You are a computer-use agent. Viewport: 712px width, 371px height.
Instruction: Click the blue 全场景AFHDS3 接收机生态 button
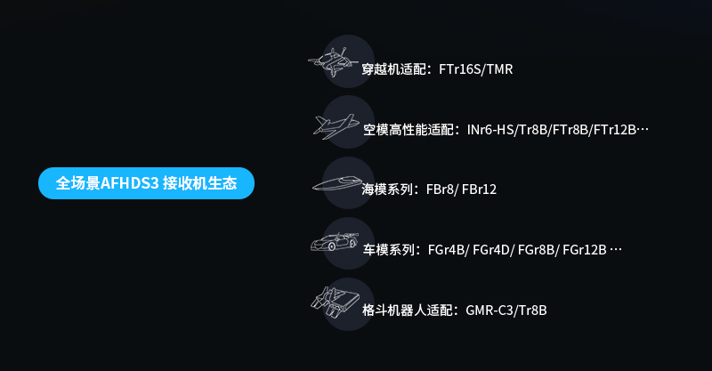point(147,183)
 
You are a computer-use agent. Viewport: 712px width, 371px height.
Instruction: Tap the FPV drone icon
point(334,61)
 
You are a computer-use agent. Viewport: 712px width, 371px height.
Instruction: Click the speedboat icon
point(336,184)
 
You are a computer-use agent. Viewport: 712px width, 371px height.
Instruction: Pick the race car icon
point(335,242)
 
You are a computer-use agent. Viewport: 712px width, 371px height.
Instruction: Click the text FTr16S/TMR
point(476,69)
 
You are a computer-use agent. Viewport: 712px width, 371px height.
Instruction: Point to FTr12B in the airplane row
point(615,130)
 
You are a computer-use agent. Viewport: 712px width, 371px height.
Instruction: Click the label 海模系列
point(389,190)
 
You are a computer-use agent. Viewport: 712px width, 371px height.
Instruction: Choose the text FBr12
point(479,190)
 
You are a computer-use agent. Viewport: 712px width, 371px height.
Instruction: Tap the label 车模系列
point(389,250)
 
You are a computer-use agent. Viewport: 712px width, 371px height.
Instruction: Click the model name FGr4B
point(447,250)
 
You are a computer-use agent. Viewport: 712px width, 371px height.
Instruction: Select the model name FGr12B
point(585,250)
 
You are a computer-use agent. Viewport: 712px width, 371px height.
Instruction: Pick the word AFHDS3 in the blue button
point(130,183)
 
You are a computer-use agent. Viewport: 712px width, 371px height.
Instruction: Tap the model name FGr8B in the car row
point(537,250)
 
